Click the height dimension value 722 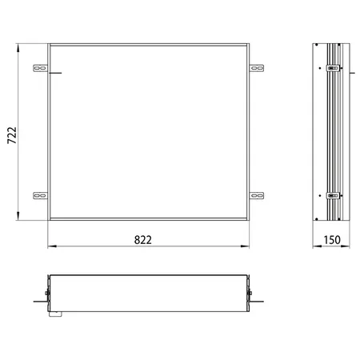point(12,135)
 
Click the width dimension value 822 point(143,240)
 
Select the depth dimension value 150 point(332,240)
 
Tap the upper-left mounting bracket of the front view point(40,68)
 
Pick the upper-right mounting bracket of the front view point(257,68)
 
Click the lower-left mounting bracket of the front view point(40,196)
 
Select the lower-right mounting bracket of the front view point(257,196)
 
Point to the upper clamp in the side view point(334,68)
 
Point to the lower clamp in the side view point(334,195)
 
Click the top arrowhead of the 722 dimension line point(18,48)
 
